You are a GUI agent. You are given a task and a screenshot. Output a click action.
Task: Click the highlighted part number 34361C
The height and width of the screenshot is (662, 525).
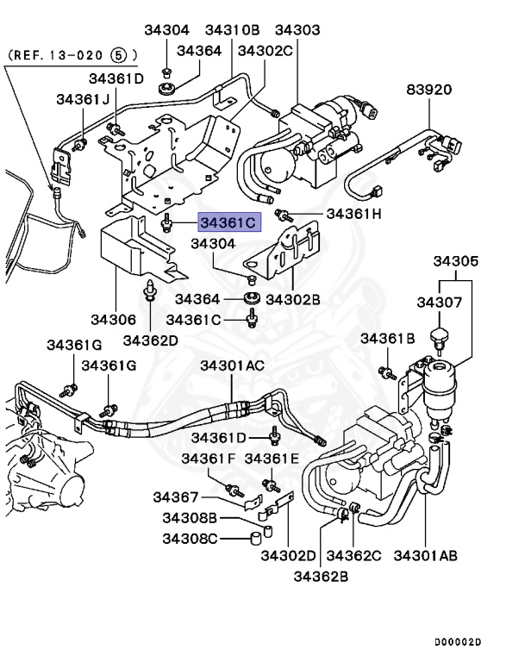click(x=228, y=223)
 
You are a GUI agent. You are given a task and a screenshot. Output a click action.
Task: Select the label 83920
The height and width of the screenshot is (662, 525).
click(x=429, y=90)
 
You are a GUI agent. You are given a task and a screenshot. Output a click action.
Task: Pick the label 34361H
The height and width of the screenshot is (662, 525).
click(x=352, y=213)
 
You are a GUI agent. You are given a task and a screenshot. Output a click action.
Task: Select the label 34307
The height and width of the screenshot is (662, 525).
click(x=441, y=303)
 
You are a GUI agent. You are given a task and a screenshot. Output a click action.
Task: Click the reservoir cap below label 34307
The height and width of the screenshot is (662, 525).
click(x=441, y=335)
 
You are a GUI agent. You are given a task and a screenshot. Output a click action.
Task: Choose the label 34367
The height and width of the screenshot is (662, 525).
click(x=176, y=497)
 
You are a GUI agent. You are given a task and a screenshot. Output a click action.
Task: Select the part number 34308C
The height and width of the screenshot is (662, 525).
click(x=191, y=539)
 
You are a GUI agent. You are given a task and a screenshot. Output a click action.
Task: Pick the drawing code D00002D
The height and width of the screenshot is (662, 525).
click(x=457, y=642)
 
